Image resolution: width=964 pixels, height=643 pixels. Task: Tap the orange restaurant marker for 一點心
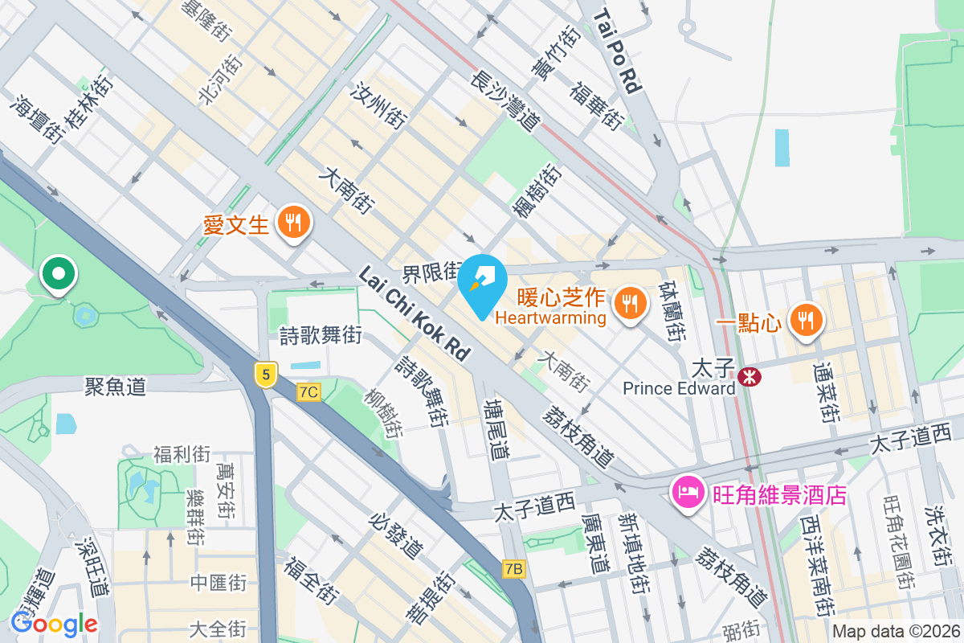coord(804,319)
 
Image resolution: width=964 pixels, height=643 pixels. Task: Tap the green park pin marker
coord(58,274)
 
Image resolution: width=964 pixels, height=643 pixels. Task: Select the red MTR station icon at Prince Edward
coord(750,375)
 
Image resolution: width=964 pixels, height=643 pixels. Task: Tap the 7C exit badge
coord(308,392)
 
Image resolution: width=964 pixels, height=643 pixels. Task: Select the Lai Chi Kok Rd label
coord(415,313)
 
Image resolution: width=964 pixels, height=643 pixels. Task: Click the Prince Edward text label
coord(679,389)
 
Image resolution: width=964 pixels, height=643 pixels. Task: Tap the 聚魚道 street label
coord(116,387)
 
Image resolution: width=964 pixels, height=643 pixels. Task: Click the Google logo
coord(54,623)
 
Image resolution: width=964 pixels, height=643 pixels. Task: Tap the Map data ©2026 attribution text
coord(895,632)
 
